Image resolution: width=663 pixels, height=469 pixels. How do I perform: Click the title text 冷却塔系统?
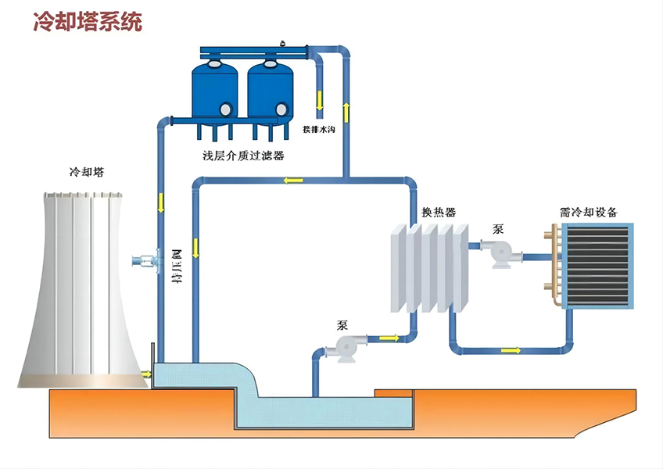coord(88,21)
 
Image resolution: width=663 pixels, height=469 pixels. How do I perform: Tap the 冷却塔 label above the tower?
coord(86,171)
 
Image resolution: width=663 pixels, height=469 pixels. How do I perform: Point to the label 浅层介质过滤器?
coord(243,156)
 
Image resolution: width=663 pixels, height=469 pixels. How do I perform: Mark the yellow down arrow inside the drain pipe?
coord(320,100)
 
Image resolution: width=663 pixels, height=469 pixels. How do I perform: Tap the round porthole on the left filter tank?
coord(225,109)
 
